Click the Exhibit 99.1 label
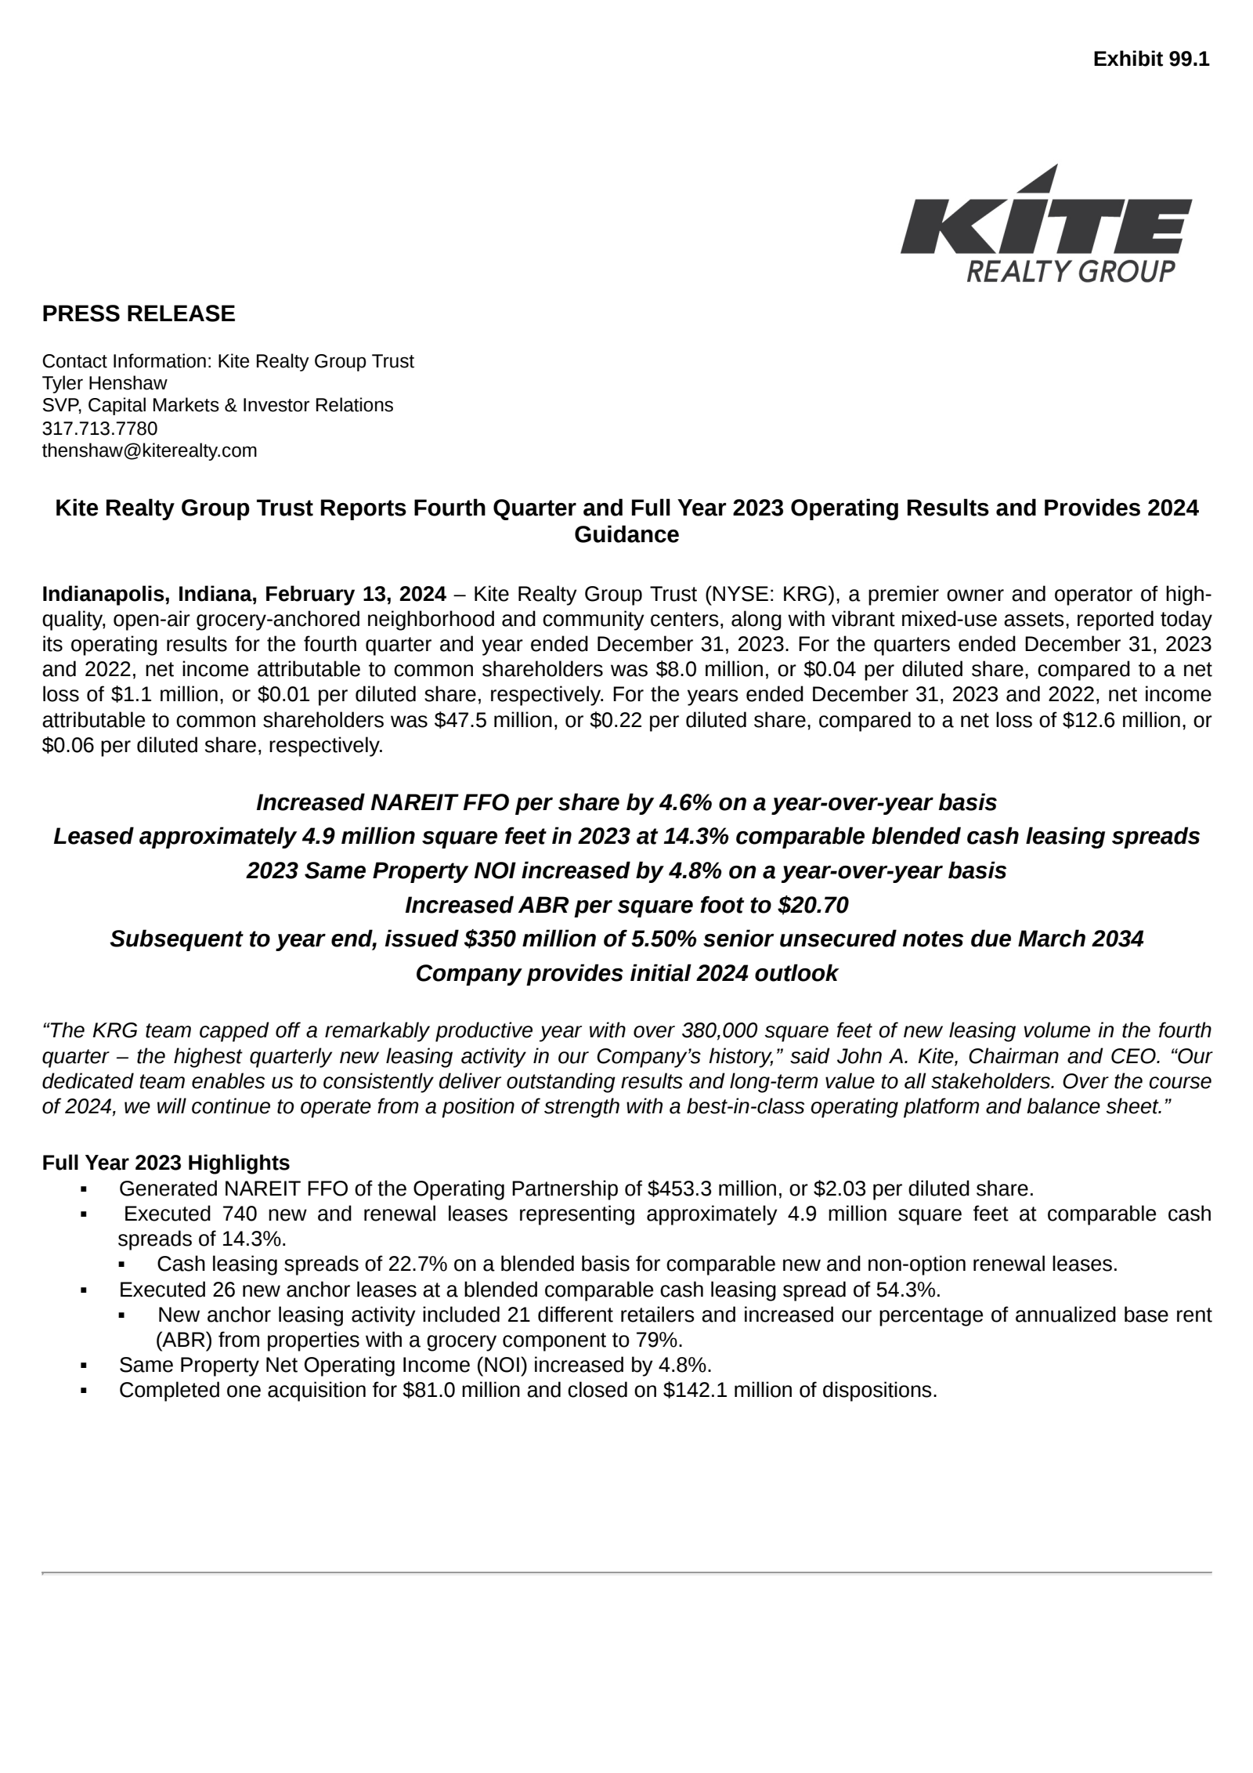coord(1150,59)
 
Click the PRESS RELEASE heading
coord(139,313)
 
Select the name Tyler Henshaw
coord(104,383)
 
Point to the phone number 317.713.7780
coord(99,428)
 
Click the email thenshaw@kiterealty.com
coord(150,450)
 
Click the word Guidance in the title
coord(626,534)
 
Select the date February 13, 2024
coord(356,594)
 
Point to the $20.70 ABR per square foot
coord(813,905)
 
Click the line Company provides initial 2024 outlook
coord(626,973)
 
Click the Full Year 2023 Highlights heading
coord(166,1162)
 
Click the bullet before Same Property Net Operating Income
coord(84,1366)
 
